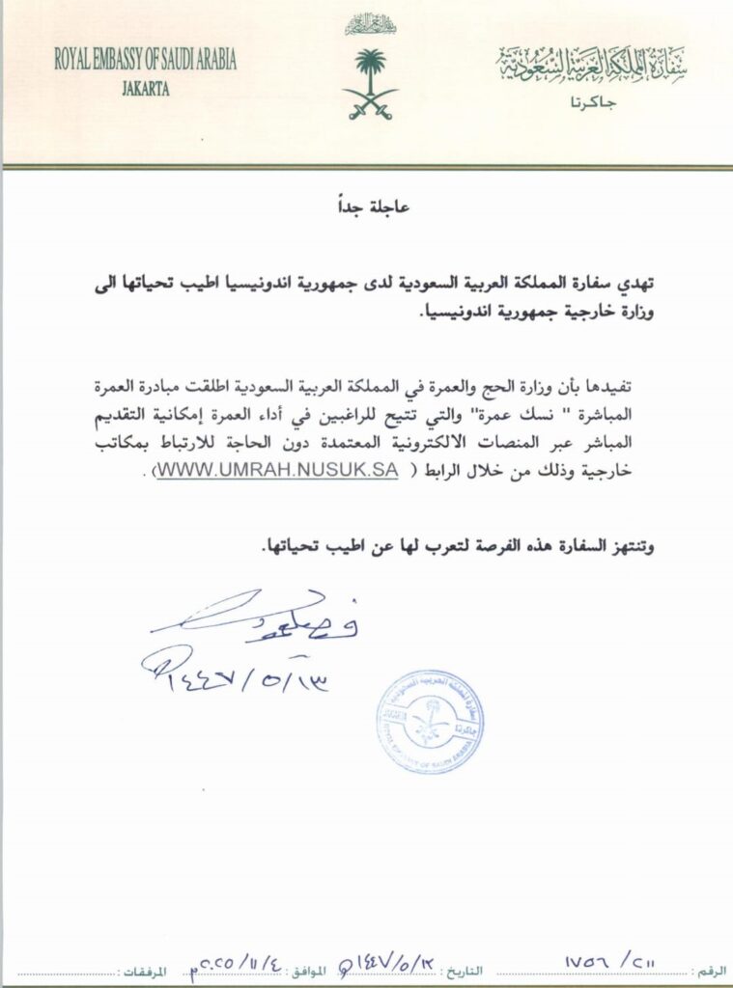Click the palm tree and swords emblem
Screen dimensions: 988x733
(370, 83)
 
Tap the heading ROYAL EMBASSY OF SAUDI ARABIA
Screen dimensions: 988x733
(146, 61)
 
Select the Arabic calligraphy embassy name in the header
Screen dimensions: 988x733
(592, 65)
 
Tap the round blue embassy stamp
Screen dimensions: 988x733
(430, 721)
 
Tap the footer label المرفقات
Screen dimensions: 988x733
(147, 968)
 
